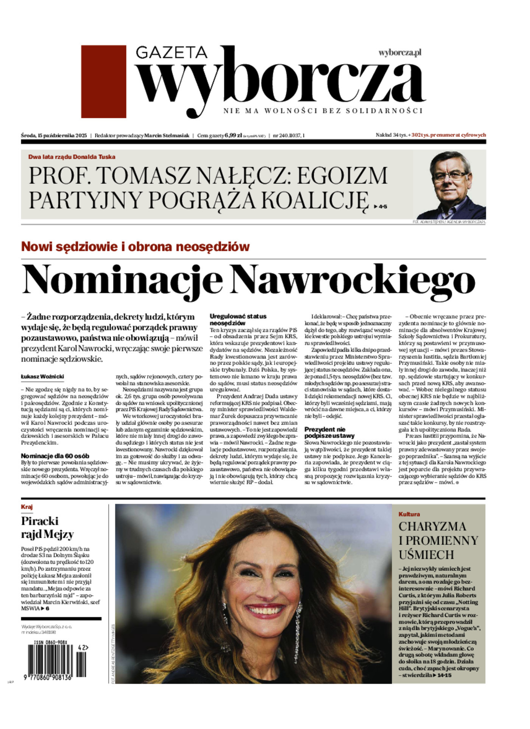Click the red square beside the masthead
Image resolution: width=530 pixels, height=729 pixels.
point(103,81)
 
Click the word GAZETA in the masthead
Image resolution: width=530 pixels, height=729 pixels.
point(171,53)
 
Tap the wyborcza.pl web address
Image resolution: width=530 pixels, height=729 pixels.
point(400,53)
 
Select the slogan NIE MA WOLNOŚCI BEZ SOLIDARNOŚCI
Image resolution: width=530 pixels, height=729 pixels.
point(323,111)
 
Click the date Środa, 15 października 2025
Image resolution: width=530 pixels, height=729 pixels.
point(54,135)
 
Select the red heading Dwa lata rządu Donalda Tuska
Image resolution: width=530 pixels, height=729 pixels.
point(72,157)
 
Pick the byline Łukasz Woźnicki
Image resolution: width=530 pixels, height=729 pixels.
point(42,377)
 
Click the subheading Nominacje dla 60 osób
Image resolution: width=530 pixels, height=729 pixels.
point(55,456)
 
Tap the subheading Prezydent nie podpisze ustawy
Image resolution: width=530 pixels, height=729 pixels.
point(329,433)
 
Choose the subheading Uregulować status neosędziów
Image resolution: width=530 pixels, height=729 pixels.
point(238,320)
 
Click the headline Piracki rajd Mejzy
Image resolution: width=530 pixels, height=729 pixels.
point(47,527)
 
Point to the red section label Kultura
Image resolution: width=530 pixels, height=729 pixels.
point(409,514)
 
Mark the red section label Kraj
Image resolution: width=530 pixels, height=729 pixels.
point(27,507)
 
